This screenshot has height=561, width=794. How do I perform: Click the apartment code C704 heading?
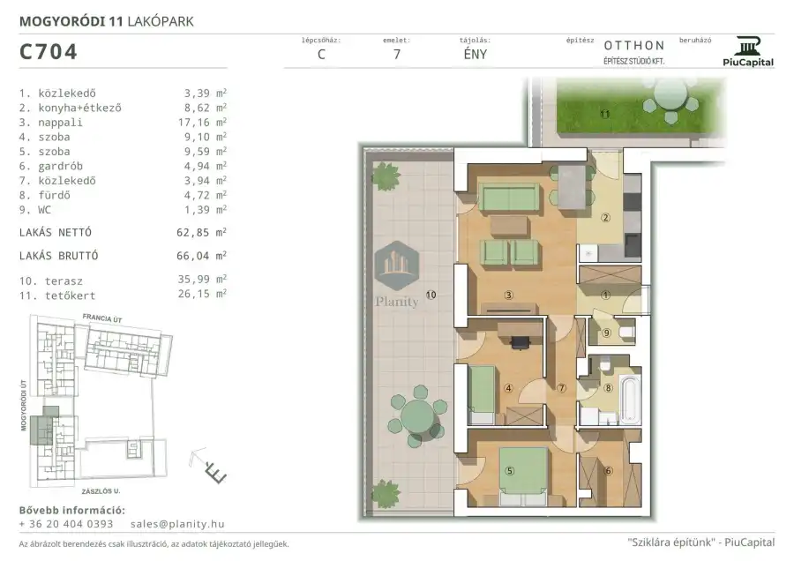coord(49,52)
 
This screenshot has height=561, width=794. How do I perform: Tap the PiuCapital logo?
coord(748,52)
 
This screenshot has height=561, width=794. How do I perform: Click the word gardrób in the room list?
coord(60,166)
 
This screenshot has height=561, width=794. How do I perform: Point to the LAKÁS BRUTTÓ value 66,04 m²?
coord(201,256)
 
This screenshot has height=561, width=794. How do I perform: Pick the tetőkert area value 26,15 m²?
coord(202,294)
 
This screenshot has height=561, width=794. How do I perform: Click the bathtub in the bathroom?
coord(630,399)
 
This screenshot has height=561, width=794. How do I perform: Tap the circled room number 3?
coord(508,295)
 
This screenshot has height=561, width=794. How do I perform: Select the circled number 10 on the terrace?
coord(431,295)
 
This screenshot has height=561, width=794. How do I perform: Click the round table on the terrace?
coord(419,416)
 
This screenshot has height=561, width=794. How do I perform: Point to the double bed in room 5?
coord(523,476)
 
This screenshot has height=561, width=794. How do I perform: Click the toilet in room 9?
coord(626,333)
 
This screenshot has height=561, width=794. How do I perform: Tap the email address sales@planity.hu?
coord(177,524)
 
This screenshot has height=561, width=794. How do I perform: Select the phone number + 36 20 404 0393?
coord(66,524)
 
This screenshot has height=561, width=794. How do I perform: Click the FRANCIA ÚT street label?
coord(102,318)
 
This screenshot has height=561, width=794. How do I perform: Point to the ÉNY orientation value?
coord(475,54)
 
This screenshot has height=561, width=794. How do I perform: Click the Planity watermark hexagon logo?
coord(396,266)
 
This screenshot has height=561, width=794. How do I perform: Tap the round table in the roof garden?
coord(670,94)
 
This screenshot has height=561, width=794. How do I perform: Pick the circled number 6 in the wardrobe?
coord(608,470)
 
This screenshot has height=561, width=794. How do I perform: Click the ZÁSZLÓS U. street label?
coord(101,491)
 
